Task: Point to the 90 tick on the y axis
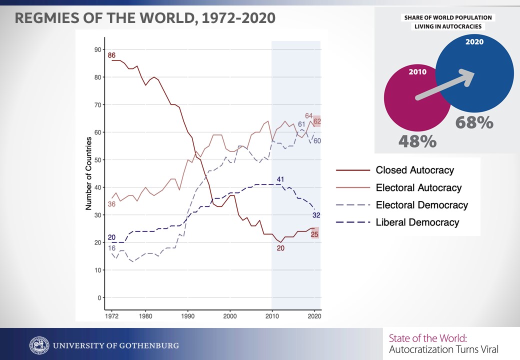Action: click(x=97, y=49)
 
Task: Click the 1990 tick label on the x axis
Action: click(x=187, y=316)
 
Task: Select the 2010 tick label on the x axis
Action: click(x=272, y=316)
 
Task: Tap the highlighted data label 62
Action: click(x=316, y=121)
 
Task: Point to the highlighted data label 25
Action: click(x=315, y=233)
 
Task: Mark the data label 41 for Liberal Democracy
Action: click(x=280, y=179)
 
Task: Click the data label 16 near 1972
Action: click(x=111, y=248)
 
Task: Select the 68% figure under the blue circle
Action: click(x=474, y=122)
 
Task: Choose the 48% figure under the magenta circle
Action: click(x=417, y=141)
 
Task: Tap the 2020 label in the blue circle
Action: click(x=474, y=42)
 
